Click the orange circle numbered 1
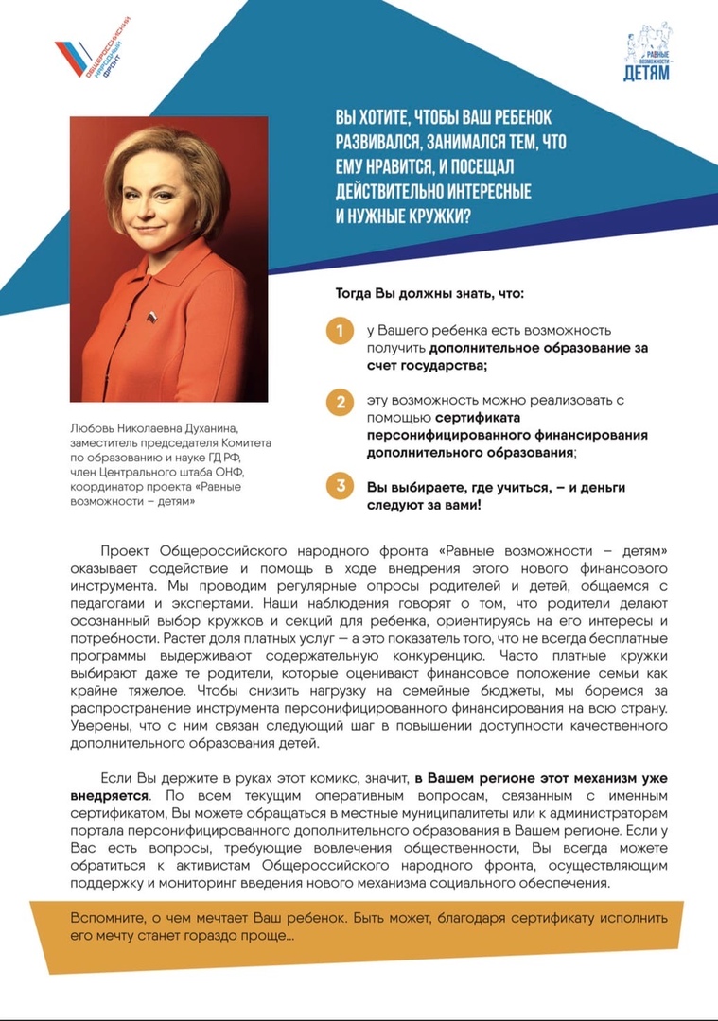click(337, 332)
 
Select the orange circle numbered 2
click(337, 402)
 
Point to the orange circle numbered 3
click(337, 487)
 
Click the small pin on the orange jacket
click(151, 315)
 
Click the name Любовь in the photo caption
click(91, 427)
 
